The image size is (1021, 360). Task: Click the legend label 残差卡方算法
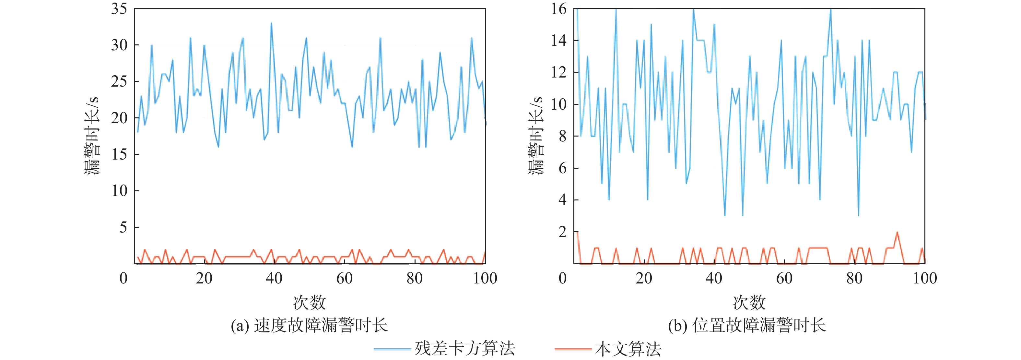[464, 349]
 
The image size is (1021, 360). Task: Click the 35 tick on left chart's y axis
[119, 9]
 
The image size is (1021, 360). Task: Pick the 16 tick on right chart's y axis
[559, 9]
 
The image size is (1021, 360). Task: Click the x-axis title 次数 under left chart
[309, 303]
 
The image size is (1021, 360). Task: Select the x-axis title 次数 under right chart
[749, 303]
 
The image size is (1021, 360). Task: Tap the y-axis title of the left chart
[92, 135]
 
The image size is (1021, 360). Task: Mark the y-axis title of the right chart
[536, 135]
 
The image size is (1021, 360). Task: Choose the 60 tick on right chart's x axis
[784, 278]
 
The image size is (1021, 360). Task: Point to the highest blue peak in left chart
[271, 23]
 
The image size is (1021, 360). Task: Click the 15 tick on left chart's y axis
[119, 154]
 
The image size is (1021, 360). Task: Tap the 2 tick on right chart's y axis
[562, 232]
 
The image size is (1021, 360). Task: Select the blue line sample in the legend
[392, 349]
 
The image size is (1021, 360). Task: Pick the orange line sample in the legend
[573, 349]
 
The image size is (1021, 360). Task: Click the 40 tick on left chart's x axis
[274, 278]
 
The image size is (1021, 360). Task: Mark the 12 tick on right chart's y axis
[559, 73]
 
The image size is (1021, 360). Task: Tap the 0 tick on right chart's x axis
[562, 278]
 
